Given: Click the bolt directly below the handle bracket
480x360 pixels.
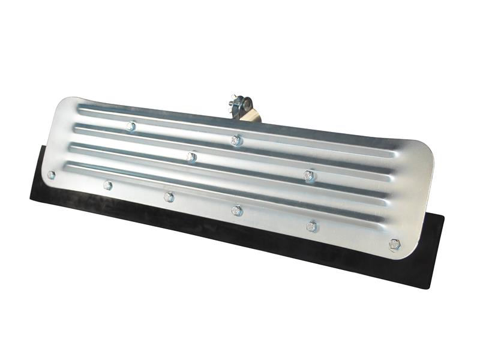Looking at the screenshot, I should [x=236, y=140].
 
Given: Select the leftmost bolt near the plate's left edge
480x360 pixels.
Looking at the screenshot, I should [x=51, y=175].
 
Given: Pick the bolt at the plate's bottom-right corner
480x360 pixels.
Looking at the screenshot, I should [x=394, y=244].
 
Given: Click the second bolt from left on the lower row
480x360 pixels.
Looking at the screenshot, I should [x=107, y=185].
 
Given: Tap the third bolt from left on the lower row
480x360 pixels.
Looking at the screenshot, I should [x=169, y=196].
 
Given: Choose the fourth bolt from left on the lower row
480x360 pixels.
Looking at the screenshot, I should [x=236, y=210].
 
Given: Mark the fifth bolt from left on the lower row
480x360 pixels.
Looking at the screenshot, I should [x=311, y=226].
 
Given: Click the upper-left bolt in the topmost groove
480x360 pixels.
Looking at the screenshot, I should [x=131, y=126].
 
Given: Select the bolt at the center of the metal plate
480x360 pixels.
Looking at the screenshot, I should [x=191, y=157].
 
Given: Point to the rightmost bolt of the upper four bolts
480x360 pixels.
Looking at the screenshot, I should [x=308, y=175].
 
